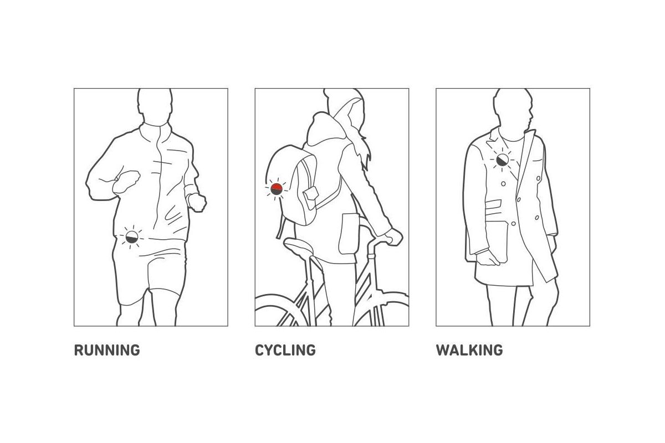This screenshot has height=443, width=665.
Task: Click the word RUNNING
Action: point(107,350)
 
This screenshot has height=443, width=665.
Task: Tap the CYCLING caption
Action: point(285,350)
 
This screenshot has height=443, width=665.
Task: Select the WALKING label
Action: point(469,350)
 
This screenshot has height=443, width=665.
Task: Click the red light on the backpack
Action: point(277,189)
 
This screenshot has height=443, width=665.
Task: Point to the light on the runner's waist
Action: point(132,238)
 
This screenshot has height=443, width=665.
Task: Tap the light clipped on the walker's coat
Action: point(502,160)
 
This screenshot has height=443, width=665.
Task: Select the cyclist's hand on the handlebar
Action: point(393,236)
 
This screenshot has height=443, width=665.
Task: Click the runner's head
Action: point(155,107)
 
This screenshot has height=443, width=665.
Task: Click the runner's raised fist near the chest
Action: point(126,182)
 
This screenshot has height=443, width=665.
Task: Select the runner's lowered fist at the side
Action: point(197,202)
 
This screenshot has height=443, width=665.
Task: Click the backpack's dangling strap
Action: point(281,227)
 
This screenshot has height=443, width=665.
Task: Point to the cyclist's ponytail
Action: point(363,148)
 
